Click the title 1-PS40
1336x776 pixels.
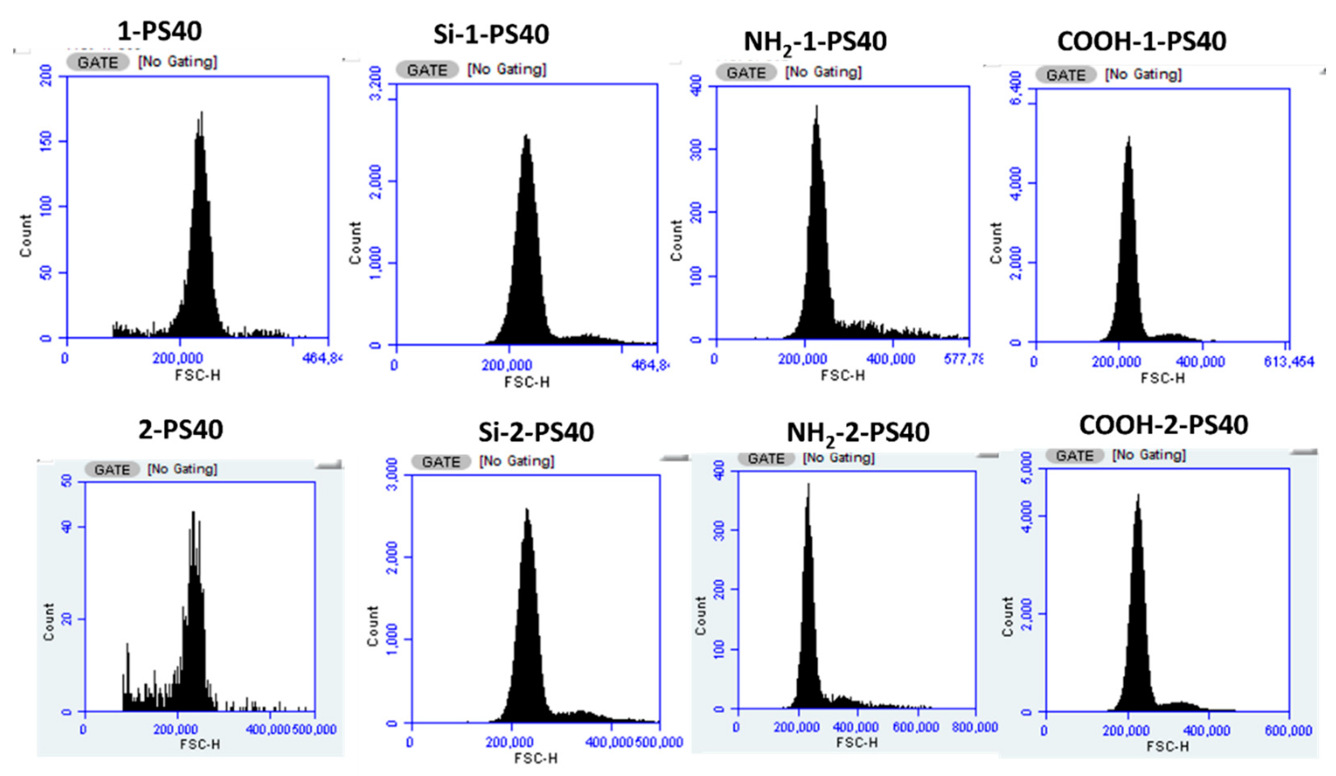(159, 31)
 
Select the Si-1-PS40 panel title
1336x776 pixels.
(491, 34)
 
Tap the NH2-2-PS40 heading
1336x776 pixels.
(857, 433)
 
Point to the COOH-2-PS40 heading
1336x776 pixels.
(1163, 425)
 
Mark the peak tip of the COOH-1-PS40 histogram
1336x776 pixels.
(1129, 137)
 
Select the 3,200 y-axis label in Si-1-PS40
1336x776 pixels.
(375, 83)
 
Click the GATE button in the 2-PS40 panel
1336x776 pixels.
(112, 469)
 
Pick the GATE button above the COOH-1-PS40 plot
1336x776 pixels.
(1065, 75)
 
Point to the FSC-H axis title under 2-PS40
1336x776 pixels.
(200, 744)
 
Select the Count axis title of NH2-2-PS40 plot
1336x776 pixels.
(701, 616)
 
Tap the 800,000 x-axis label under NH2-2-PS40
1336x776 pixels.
(975, 727)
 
